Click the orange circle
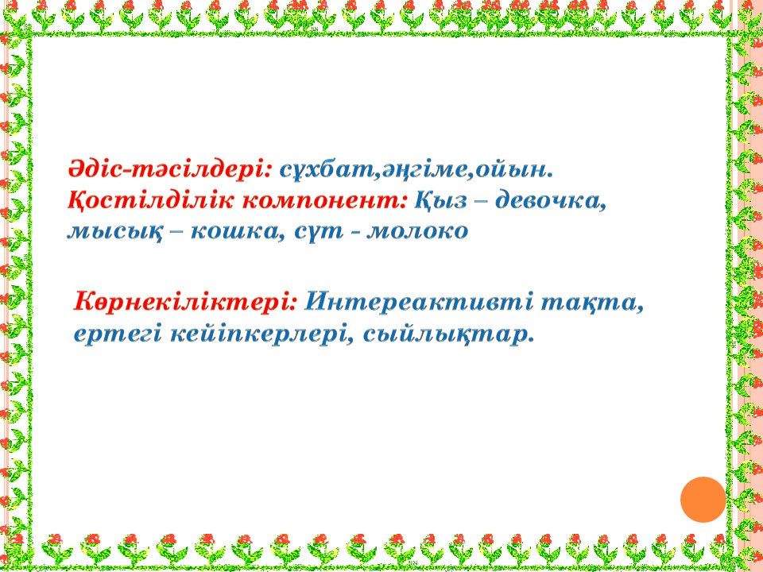click(x=703, y=500)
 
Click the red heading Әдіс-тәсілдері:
click(x=170, y=170)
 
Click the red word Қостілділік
click(x=150, y=200)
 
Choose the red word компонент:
click(x=324, y=202)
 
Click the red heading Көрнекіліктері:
click(x=185, y=303)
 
